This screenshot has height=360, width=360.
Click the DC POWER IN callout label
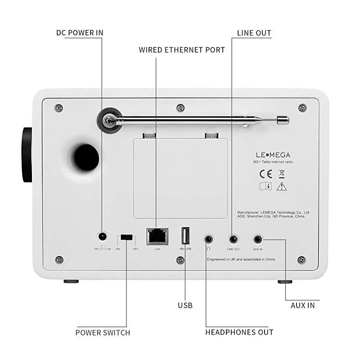point(80,33)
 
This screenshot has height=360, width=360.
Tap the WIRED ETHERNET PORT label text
point(182,50)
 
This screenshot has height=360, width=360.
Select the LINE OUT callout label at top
point(254,33)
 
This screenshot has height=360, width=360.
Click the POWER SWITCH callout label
point(103,333)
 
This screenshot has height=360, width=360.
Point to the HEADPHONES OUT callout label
point(239,332)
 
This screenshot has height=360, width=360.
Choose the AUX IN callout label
point(302,305)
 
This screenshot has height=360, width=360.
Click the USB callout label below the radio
point(185,305)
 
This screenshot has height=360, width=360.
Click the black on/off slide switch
point(127,237)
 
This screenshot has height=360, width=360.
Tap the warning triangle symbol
point(282,185)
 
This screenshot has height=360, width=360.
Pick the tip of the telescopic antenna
point(283,120)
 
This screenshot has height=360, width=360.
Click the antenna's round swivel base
point(108,120)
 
